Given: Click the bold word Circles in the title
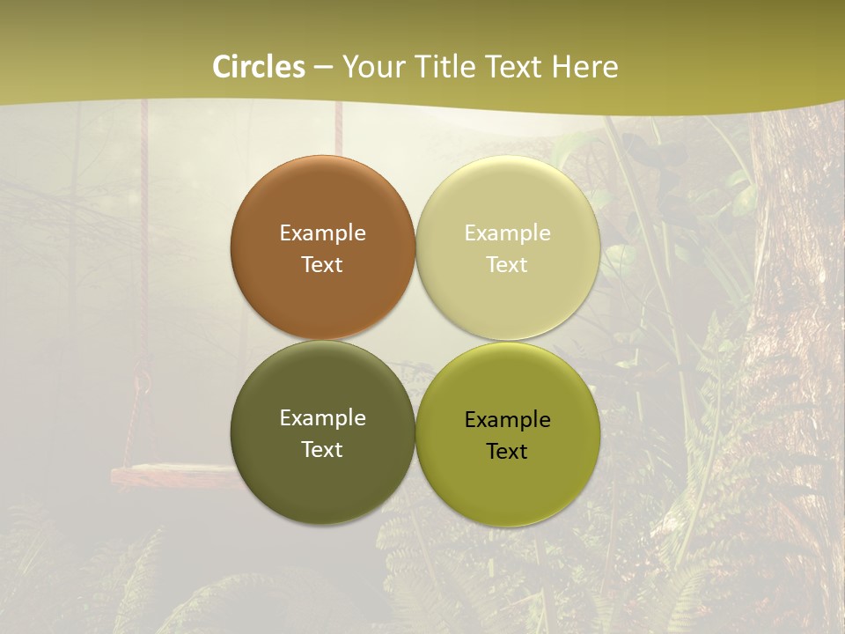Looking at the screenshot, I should pyautogui.click(x=259, y=67).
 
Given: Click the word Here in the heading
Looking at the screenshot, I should pyautogui.click(x=585, y=67).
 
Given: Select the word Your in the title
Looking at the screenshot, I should pyautogui.click(x=374, y=67).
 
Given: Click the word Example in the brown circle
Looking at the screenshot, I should pyautogui.click(x=322, y=233).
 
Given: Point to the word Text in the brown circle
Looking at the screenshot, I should pyautogui.click(x=322, y=265).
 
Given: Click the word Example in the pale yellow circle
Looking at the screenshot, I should pyautogui.click(x=507, y=233).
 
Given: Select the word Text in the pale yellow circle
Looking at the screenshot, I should pyautogui.click(x=507, y=265).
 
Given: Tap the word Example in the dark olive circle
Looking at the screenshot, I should pyautogui.click(x=322, y=418).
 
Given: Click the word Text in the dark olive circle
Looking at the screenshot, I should pyautogui.click(x=322, y=450).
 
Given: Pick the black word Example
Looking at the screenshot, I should pyautogui.click(x=507, y=420).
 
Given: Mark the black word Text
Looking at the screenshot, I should pyautogui.click(x=507, y=452).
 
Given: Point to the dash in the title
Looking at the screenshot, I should pyautogui.click(x=323, y=68).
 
